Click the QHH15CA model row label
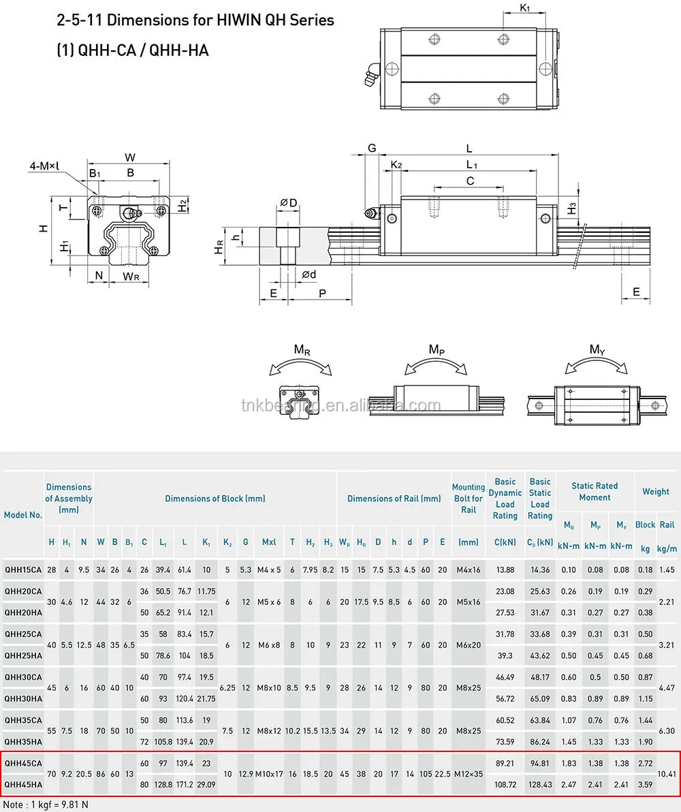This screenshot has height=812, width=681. pos(23,569)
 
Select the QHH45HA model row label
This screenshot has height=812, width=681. pos(23,785)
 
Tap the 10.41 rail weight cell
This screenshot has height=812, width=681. pos(667,775)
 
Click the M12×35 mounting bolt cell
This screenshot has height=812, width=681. pos(468,775)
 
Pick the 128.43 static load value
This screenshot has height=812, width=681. pos(539,785)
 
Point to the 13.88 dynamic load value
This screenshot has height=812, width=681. pos(505,569)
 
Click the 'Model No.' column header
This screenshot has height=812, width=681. pos(22,515)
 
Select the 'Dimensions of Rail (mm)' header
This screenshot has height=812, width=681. pos(394,499)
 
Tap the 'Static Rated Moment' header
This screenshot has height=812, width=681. pos(594,491)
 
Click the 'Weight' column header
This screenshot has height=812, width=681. pos(655,491)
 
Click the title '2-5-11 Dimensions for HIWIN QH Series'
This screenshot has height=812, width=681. pos(195,20)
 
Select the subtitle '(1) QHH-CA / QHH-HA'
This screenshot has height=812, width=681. pos(132,50)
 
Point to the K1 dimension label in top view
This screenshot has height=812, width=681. pos(524,8)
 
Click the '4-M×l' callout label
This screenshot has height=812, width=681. pos(44,166)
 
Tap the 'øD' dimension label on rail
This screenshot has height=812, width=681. pos(288,203)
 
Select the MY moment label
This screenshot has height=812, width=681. pos(597,350)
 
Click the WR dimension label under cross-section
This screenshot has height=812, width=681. pos(131,276)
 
